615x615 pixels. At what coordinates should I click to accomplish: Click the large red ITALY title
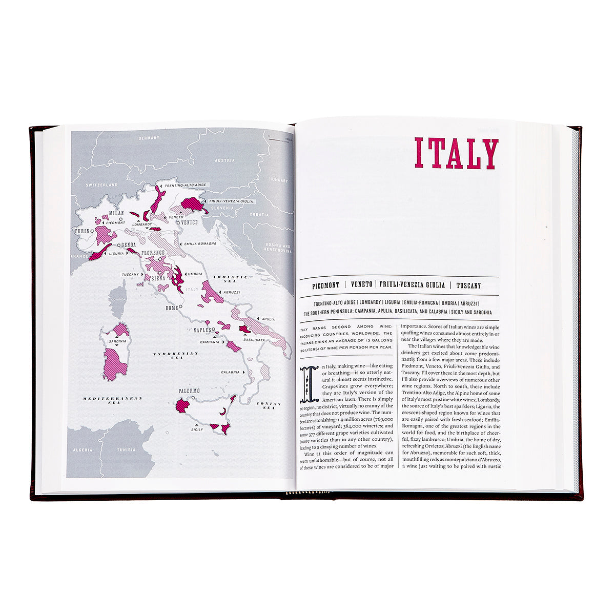coord(456,153)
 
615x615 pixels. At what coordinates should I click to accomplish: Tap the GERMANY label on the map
coord(149,138)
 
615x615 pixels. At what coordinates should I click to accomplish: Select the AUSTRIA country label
coord(224,160)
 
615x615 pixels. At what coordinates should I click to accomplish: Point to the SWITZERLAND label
coord(102,184)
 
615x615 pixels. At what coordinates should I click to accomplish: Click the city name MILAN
coord(117,213)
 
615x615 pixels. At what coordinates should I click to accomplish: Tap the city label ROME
coord(171,308)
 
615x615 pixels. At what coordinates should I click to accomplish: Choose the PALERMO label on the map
coord(189,391)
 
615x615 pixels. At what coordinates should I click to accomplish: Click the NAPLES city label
coord(202,331)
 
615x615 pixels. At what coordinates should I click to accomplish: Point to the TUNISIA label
coord(126,450)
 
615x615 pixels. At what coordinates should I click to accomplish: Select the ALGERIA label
coord(83,450)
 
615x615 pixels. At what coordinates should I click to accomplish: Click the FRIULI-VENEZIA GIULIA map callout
coord(231,201)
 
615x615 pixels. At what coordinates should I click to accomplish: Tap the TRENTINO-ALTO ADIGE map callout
coord(186,185)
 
